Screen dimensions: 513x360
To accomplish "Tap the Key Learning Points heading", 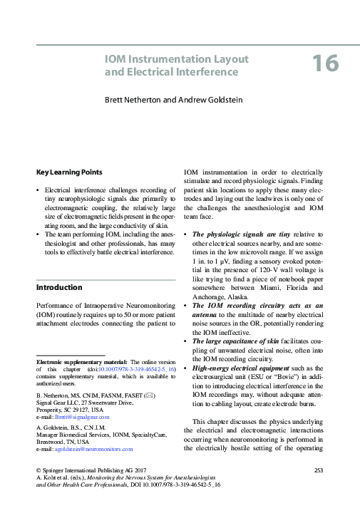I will (68, 172).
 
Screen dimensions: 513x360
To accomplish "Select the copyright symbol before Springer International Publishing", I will (38, 471).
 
